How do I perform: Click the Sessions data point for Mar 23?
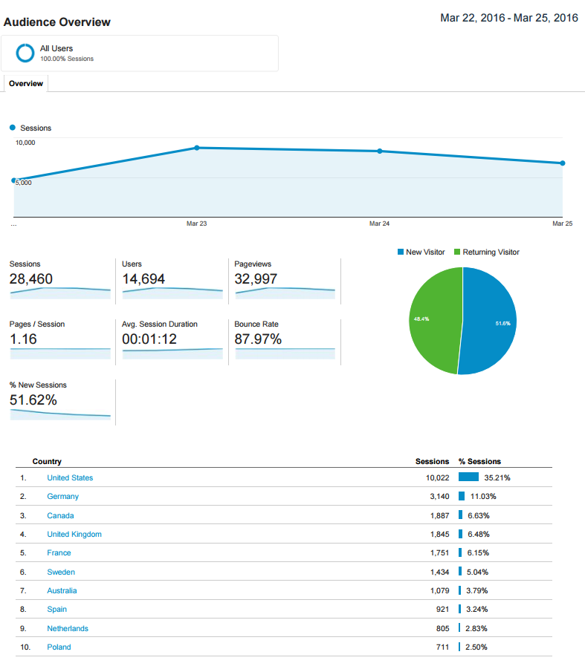pyautogui.click(x=197, y=148)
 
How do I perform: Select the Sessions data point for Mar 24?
pyautogui.click(x=380, y=151)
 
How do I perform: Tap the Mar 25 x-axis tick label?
pyautogui.click(x=563, y=223)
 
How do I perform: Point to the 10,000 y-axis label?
pyautogui.click(x=26, y=143)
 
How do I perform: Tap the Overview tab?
pyautogui.click(x=26, y=84)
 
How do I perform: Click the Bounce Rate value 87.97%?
pyautogui.click(x=258, y=339)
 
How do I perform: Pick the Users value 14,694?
pyautogui.click(x=143, y=279)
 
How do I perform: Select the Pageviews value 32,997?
pyautogui.click(x=256, y=279)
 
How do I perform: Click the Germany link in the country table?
pyautogui.click(x=62, y=497)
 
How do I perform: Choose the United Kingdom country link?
pyautogui.click(x=74, y=535)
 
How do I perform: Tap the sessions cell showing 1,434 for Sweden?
pyautogui.click(x=439, y=572)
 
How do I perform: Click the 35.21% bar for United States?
pyautogui.click(x=468, y=477)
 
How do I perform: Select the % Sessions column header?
pyautogui.click(x=479, y=462)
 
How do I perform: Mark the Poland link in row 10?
pyautogui.click(x=59, y=647)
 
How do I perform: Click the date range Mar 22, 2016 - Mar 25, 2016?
pyautogui.click(x=509, y=18)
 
